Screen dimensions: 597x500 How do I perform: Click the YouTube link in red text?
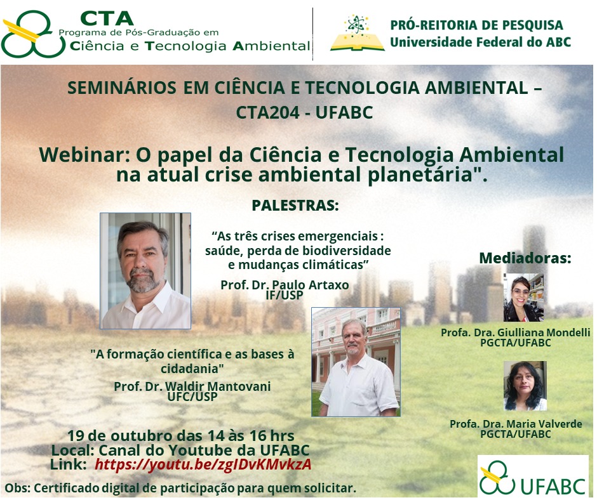pyautogui.click(x=203, y=464)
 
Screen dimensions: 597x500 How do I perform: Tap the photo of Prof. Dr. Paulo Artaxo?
pyautogui.click(x=145, y=271)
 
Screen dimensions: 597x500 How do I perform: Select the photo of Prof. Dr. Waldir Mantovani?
pyautogui.click(x=356, y=362)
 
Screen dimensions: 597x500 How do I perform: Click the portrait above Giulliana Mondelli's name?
pyautogui.click(x=523, y=298)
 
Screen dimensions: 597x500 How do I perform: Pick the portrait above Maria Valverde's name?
pyautogui.click(x=525, y=386)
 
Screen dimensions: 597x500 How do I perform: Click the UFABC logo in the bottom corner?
pyautogui.click(x=533, y=477)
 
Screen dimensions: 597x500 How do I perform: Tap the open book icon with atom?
pyautogui.click(x=357, y=34)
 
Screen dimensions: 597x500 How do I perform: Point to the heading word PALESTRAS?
pyautogui.click(x=295, y=206)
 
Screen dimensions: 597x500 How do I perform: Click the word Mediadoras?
pyautogui.click(x=525, y=258)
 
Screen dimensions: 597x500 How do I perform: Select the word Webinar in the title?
pyautogui.click(x=82, y=155)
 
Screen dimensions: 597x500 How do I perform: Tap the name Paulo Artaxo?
pyautogui.click(x=311, y=285)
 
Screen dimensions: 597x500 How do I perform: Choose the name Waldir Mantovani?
pyautogui.click(x=218, y=386)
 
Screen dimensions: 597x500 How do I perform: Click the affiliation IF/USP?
pyautogui.click(x=285, y=295)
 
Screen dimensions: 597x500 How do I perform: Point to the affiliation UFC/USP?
pyautogui.click(x=192, y=397)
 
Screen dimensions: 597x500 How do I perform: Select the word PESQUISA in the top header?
pyautogui.click(x=532, y=25)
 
